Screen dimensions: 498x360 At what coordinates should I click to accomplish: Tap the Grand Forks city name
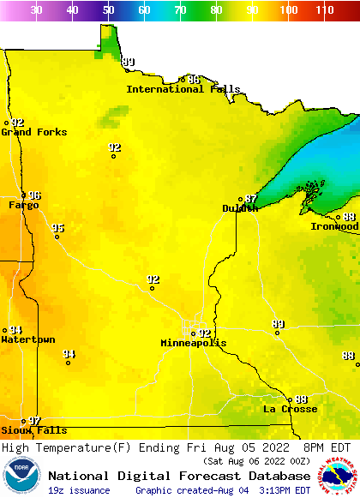coord(33,132)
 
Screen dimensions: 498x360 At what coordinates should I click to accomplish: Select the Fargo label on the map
coord(24,205)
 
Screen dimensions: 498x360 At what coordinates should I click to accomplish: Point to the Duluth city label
coord(240,208)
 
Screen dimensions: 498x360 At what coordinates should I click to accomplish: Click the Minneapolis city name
coord(194,343)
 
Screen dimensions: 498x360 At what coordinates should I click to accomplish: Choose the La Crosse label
coord(290,409)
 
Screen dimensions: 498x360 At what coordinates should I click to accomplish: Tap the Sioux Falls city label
coord(33,430)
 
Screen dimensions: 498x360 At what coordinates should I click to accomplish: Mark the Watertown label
coord(27,339)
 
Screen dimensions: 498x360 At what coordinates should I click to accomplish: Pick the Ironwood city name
coord(334,226)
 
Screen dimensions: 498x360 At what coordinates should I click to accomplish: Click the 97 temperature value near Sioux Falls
coord(35,421)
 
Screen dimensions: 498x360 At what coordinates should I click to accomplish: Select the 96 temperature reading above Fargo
coord(34,195)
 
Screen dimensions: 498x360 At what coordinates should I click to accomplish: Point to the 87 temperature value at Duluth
coord(251,199)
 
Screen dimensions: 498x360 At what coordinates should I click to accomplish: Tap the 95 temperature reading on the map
coord(57,228)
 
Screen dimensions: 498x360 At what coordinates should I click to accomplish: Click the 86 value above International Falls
coord(194,80)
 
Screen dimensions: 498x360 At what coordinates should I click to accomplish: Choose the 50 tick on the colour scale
coord(108,10)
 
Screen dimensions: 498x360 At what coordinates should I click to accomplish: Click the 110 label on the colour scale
coord(324,10)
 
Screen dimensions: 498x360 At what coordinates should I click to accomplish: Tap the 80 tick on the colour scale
coord(216,10)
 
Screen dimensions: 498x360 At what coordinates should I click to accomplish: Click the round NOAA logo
coord(21,476)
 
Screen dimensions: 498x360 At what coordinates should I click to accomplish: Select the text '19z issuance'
coord(79,490)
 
